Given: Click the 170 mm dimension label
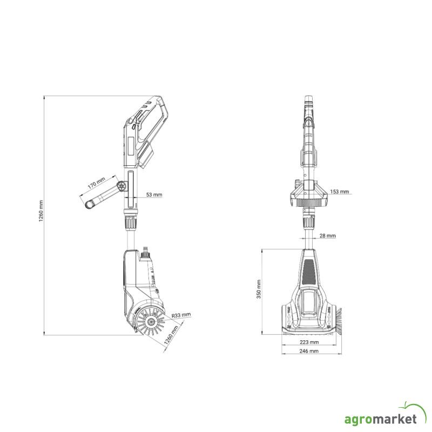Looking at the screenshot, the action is tap(97, 183).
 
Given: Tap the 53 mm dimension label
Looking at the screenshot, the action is tap(154, 194).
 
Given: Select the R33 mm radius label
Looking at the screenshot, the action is tap(181, 315).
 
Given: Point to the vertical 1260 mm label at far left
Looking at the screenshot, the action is tap(41, 211).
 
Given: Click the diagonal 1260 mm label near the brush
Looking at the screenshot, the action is tap(171, 335).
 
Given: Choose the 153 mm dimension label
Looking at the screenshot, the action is tap(340, 192).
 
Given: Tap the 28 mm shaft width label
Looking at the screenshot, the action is tap(328, 235).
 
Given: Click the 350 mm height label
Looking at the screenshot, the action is tap(259, 289).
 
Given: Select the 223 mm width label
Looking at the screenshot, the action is tap(309, 342).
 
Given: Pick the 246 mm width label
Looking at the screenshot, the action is tap(309, 350).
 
